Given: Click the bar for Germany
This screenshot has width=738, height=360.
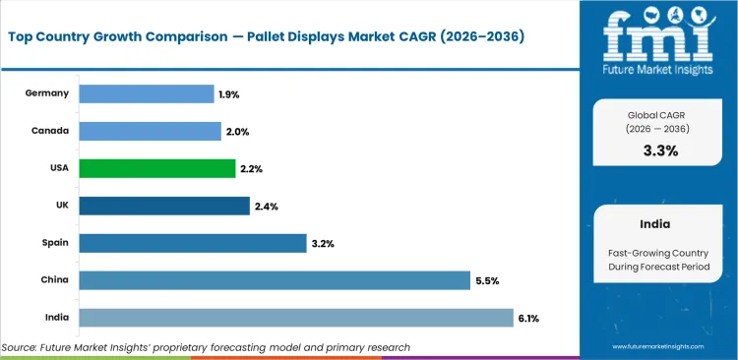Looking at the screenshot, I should tap(146, 93).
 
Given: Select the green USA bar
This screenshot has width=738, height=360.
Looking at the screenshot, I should tap(156, 168).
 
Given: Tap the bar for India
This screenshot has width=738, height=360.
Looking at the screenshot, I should tap(295, 318).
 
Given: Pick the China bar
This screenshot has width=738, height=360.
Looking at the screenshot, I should tap(274, 280).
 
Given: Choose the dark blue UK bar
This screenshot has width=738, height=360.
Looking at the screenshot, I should tap(163, 206).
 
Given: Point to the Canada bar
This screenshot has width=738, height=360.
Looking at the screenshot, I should tap(150, 131).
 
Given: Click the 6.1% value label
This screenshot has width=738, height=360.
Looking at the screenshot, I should tap(529, 318).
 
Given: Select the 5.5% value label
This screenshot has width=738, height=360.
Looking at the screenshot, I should tap(487, 280).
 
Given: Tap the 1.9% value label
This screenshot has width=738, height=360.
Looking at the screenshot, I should tap(228, 94).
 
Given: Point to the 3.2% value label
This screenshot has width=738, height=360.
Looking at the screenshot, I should tap(323, 243).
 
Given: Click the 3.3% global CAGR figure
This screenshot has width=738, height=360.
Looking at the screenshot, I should tap(659, 150).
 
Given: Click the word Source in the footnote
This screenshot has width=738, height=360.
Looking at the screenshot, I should tap(23, 347).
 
